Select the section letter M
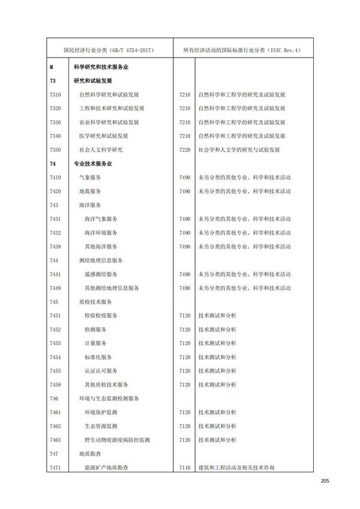[52, 68]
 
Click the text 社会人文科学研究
[101, 149]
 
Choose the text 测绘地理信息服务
[101, 260]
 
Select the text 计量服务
[96, 343]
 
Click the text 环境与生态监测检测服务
[109, 398]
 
